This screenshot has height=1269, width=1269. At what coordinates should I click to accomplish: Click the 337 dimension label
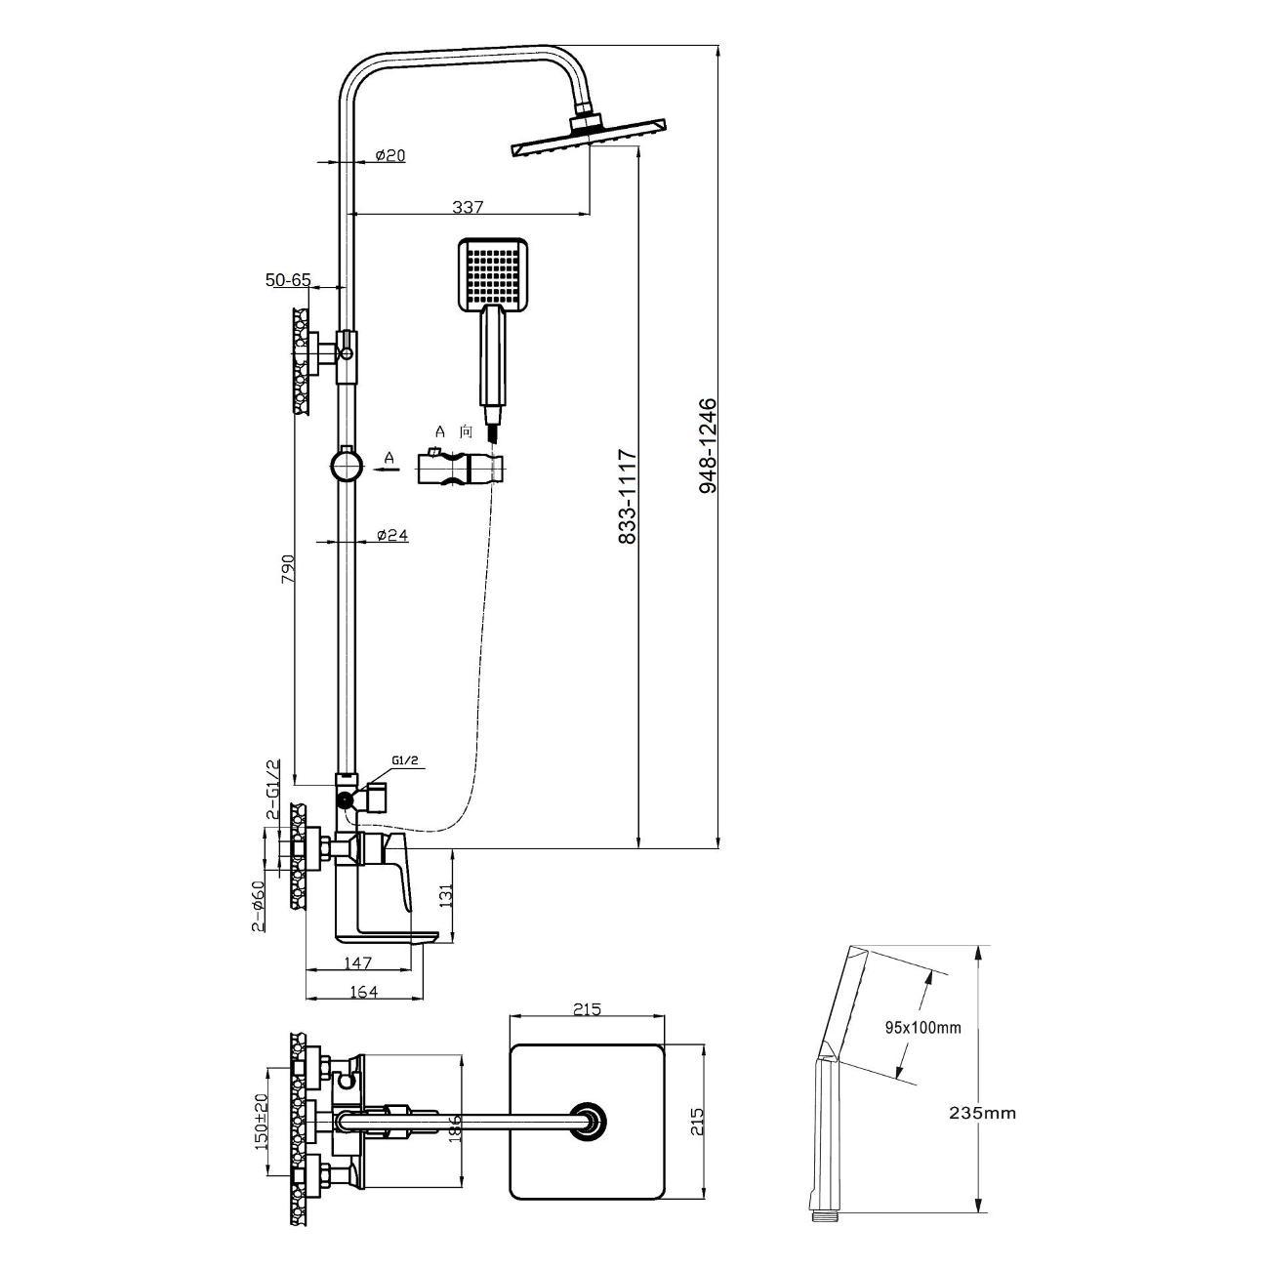[x=468, y=208]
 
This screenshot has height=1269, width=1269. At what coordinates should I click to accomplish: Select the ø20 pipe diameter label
[x=390, y=155]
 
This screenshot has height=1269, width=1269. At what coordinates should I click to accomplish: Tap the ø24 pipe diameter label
[x=392, y=536]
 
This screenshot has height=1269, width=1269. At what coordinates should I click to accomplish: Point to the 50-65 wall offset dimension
[x=288, y=280]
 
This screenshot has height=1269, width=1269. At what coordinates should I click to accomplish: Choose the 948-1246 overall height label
[x=708, y=445]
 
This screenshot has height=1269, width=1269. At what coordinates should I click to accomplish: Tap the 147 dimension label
[x=358, y=962]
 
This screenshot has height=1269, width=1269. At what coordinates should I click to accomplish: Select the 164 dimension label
[x=363, y=991]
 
